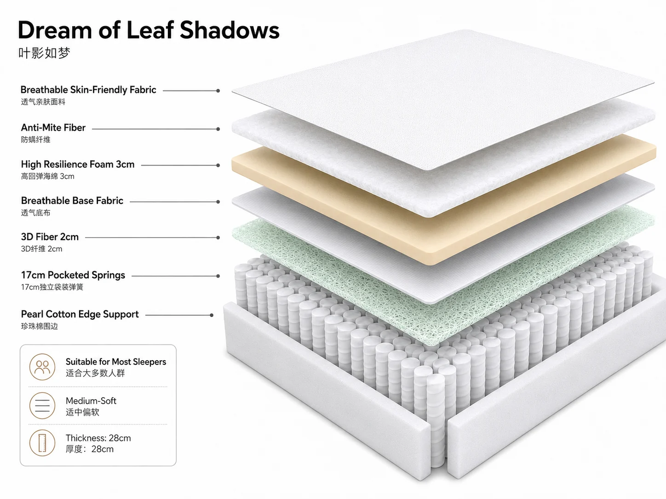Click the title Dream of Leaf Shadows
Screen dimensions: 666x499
point(149,30)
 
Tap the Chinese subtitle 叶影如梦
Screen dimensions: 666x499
point(44,53)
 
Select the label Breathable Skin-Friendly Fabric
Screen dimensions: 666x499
point(88,90)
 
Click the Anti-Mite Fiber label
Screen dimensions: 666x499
point(53,128)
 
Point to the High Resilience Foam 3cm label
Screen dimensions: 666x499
point(78,164)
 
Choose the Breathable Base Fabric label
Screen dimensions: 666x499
point(72,201)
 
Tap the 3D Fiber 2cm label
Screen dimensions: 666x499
point(50,237)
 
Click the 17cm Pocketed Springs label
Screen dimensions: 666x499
point(73,275)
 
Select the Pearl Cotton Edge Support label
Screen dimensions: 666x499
point(80,314)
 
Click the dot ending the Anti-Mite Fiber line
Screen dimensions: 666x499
point(218,129)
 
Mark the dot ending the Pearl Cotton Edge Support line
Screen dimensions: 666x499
point(212,315)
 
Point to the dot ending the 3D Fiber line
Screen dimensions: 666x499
point(218,238)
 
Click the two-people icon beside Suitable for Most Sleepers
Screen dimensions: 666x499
point(42,367)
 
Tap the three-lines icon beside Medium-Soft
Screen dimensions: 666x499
point(42,406)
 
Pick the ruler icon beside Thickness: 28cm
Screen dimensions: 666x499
point(42,442)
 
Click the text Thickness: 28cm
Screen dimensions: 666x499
point(98,438)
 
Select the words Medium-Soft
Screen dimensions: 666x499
point(91,401)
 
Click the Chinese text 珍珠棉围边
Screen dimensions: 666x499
point(40,326)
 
